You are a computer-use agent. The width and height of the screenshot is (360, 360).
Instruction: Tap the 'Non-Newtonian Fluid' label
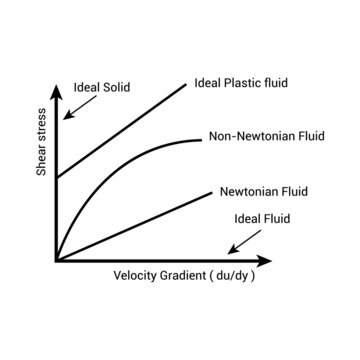pos(267,136)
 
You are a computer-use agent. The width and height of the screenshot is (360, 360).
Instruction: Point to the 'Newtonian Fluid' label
pos(262,190)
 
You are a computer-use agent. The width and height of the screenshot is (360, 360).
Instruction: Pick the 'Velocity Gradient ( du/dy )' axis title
pos(185,276)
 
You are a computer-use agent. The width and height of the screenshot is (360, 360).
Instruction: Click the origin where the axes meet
pos(57,260)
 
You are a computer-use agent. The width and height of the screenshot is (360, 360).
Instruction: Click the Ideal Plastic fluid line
pos(120,130)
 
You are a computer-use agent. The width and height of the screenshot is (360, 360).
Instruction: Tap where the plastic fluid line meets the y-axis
pos(57,177)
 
